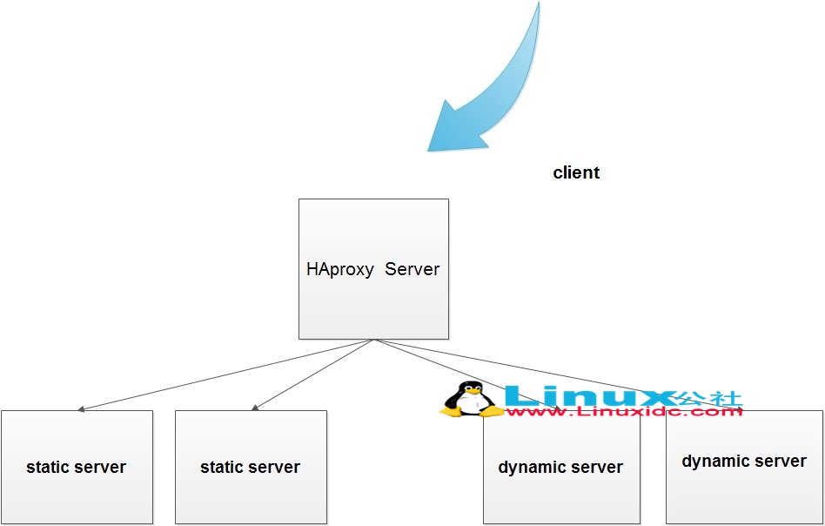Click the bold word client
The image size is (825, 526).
(x=576, y=172)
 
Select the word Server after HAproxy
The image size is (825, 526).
(x=412, y=269)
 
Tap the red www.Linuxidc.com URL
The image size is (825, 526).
(x=623, y=411)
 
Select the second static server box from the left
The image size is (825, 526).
(x=251, y=467)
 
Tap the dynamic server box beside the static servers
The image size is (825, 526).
(x=560, y=468)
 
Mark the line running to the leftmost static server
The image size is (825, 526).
(x=226, y=374)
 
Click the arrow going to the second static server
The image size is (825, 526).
(x=313, y=374)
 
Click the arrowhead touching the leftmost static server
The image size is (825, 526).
(x=81, y=408)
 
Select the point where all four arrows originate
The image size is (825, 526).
(x=373, y=340)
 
